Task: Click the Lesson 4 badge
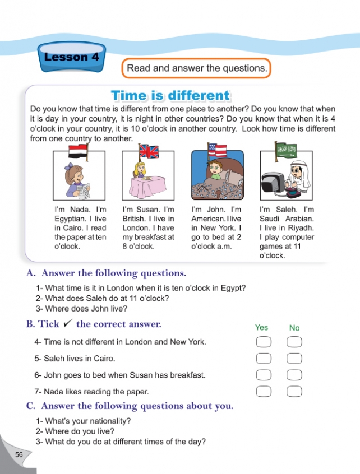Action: pos(66,57)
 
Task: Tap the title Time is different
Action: pos(170,95)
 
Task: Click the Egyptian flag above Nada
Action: pos(75,150)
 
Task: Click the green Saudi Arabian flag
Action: pos(285,148)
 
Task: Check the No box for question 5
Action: pos(294,359)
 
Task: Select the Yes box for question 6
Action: pos(263,375)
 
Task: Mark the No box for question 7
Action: pos(294,392)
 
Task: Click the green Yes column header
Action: pos(261,327)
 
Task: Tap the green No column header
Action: pos(294,328)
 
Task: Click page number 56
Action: pos(19,454)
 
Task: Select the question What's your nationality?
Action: pos(84,421)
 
